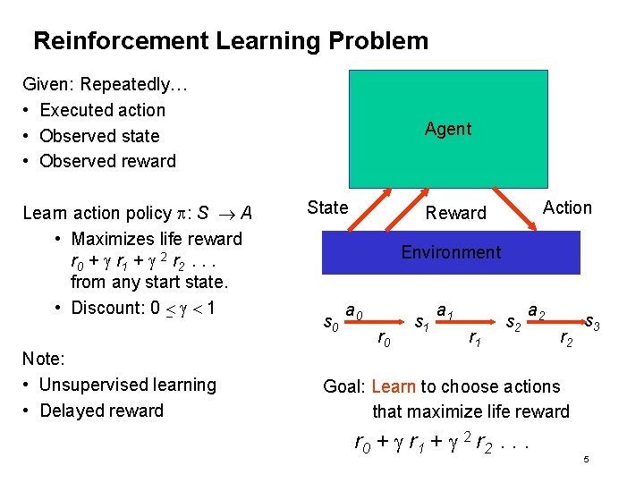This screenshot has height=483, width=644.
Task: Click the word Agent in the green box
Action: click(x=447, y=129)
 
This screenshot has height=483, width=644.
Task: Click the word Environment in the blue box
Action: click(x=451, y=252)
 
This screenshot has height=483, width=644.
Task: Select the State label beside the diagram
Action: click(x=327, y=208)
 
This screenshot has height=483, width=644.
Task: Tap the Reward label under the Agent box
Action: click(x=455, y=213)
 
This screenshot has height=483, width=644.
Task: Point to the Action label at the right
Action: click(x=567, y=208)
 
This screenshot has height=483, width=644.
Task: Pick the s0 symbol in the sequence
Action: click(x=331, y=320)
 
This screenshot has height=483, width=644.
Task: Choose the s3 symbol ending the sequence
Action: click(x=592, y=319)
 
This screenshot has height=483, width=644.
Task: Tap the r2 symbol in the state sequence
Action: click(x=566, y=337)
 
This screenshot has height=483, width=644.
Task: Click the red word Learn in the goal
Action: click(x=393, y=386)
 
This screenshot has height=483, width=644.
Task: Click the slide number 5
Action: click(x=585, y=460)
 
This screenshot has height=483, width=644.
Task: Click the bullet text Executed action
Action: click(x=103, y=110)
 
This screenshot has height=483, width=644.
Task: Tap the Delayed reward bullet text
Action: click(x=102, y=411)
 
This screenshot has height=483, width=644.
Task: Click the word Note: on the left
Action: click(x=43, y=359)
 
